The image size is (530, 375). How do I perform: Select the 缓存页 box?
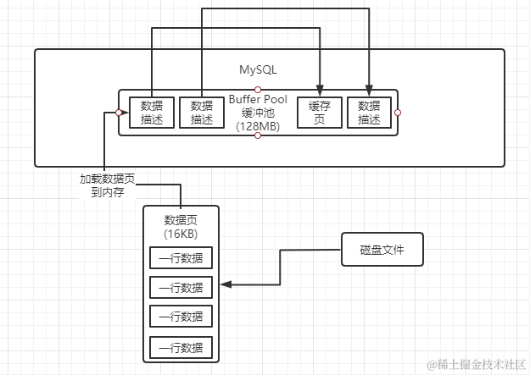tap(318, 112)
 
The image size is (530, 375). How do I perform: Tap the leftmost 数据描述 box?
tap(151, 112)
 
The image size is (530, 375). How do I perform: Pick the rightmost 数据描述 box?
tap(369, 112)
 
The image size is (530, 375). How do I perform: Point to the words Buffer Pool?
tap(258, 100)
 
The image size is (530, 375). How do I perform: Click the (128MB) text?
tap(258, 125)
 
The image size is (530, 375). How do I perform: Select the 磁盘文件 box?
tap(382, 250)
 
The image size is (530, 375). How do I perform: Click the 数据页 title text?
tap(181, 220)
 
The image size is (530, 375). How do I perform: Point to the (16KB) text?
tap(181, 233)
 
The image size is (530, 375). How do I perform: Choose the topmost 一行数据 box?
tap(181, 257)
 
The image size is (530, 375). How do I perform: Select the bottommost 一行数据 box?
tap(181, 346)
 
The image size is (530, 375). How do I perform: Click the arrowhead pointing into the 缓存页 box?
tap(319, 91)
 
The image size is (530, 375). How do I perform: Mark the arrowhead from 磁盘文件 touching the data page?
tap(225, 287)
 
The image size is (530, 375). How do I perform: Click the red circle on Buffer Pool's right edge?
tap(397, 112)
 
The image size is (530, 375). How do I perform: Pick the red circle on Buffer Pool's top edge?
tap(258, 89)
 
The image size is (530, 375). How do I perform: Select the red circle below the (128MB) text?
tap(258, 135)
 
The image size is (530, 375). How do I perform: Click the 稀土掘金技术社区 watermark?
tap(477, 364)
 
